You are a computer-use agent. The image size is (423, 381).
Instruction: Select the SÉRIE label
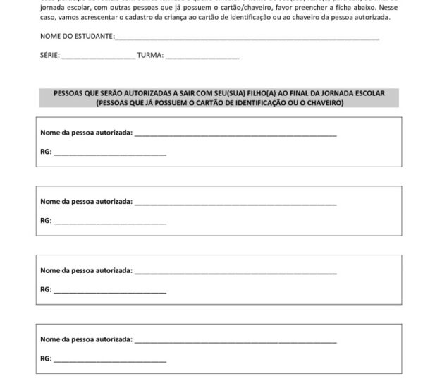pyautogui.click(x=49, y=55)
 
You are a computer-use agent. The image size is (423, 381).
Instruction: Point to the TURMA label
pyautogui.click(x=150, y=55)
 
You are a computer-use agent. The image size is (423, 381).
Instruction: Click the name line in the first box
pyautogui.click(x=235, y=134)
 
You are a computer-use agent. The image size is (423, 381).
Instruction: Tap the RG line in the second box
pyautogui.click(x=110, y=222)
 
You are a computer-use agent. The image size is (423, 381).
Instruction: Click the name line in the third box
pyautogui.click(x=235, y=272)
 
